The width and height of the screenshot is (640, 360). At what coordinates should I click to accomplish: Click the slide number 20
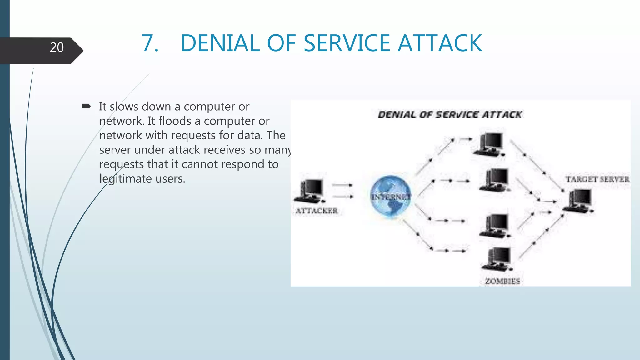(x=57, y=47)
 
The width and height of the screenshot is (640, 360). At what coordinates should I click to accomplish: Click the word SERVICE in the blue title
(x=347, y=43)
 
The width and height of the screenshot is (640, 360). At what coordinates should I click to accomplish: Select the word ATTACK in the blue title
(x=440, y=43)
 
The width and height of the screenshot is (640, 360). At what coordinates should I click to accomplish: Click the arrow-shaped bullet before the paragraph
(x=86, y=107)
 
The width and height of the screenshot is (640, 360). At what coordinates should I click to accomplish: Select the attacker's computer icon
(x=309, y=191)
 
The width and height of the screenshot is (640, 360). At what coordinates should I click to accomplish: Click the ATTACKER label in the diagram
(x=317, y=211)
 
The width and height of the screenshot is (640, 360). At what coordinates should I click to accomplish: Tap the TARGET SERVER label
(x=597, y=179)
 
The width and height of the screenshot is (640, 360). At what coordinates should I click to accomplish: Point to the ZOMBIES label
(x=502, y=281)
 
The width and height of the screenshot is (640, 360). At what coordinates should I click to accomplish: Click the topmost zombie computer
(x=489, y=144)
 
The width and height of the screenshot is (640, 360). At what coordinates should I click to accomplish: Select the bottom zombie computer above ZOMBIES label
(x=497, y=259)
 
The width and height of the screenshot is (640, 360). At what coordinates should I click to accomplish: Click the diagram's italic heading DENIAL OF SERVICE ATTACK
(x=450, y=115)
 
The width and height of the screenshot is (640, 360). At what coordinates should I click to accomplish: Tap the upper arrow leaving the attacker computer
(x=342, y=185)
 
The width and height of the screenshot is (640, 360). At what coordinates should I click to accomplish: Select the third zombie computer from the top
(x=496, y=226)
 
